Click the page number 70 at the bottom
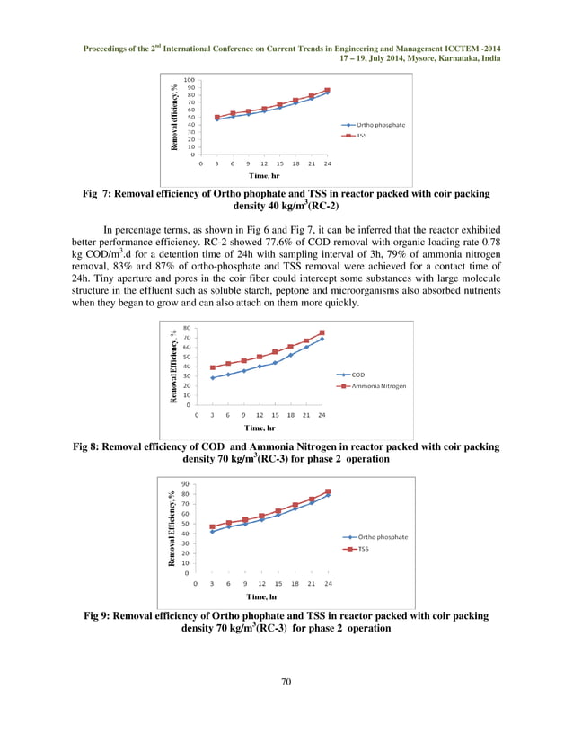click(x=286, y=683)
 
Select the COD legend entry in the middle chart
click(x=357, y=375)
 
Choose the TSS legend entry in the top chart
click(x=361, y=136)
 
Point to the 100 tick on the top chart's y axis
click(x=189, y=80)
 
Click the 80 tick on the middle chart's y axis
click(x=185, y=328)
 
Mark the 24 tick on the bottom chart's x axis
click(x=328, y=582)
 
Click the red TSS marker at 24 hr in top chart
click(x=328, y=90)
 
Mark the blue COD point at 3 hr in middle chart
click(x=213, y=377)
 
